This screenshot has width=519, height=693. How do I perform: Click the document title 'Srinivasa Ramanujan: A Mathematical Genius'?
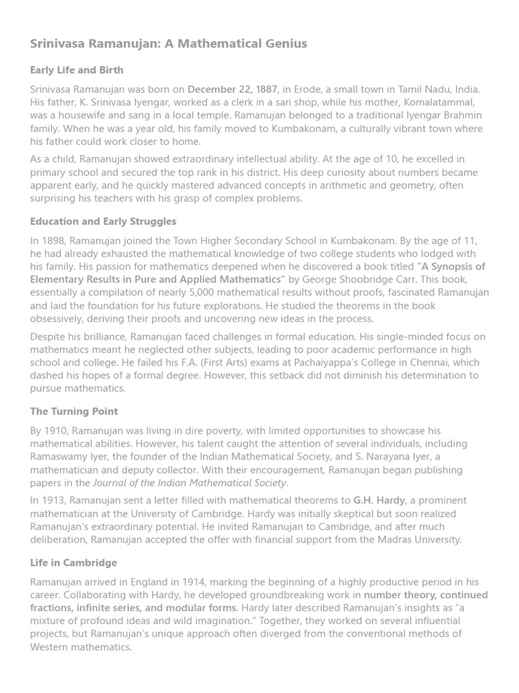click(x=168, y=44)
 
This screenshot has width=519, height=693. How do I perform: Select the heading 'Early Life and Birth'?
click(x=76, y=70)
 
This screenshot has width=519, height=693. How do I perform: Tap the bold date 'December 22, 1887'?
click(x=232, y=89)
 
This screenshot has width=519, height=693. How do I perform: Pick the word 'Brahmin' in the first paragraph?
click(x=464, y=116)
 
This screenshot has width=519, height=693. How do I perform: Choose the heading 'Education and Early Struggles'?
click(x=103, y=221)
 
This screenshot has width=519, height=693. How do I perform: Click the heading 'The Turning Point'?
click(x=74, y=411)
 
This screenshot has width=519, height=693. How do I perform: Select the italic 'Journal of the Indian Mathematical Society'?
click(x=189, y=483)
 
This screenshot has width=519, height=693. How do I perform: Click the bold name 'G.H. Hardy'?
click(x=379, y=501)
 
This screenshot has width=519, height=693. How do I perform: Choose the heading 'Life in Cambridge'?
click(x=73, y=563)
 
